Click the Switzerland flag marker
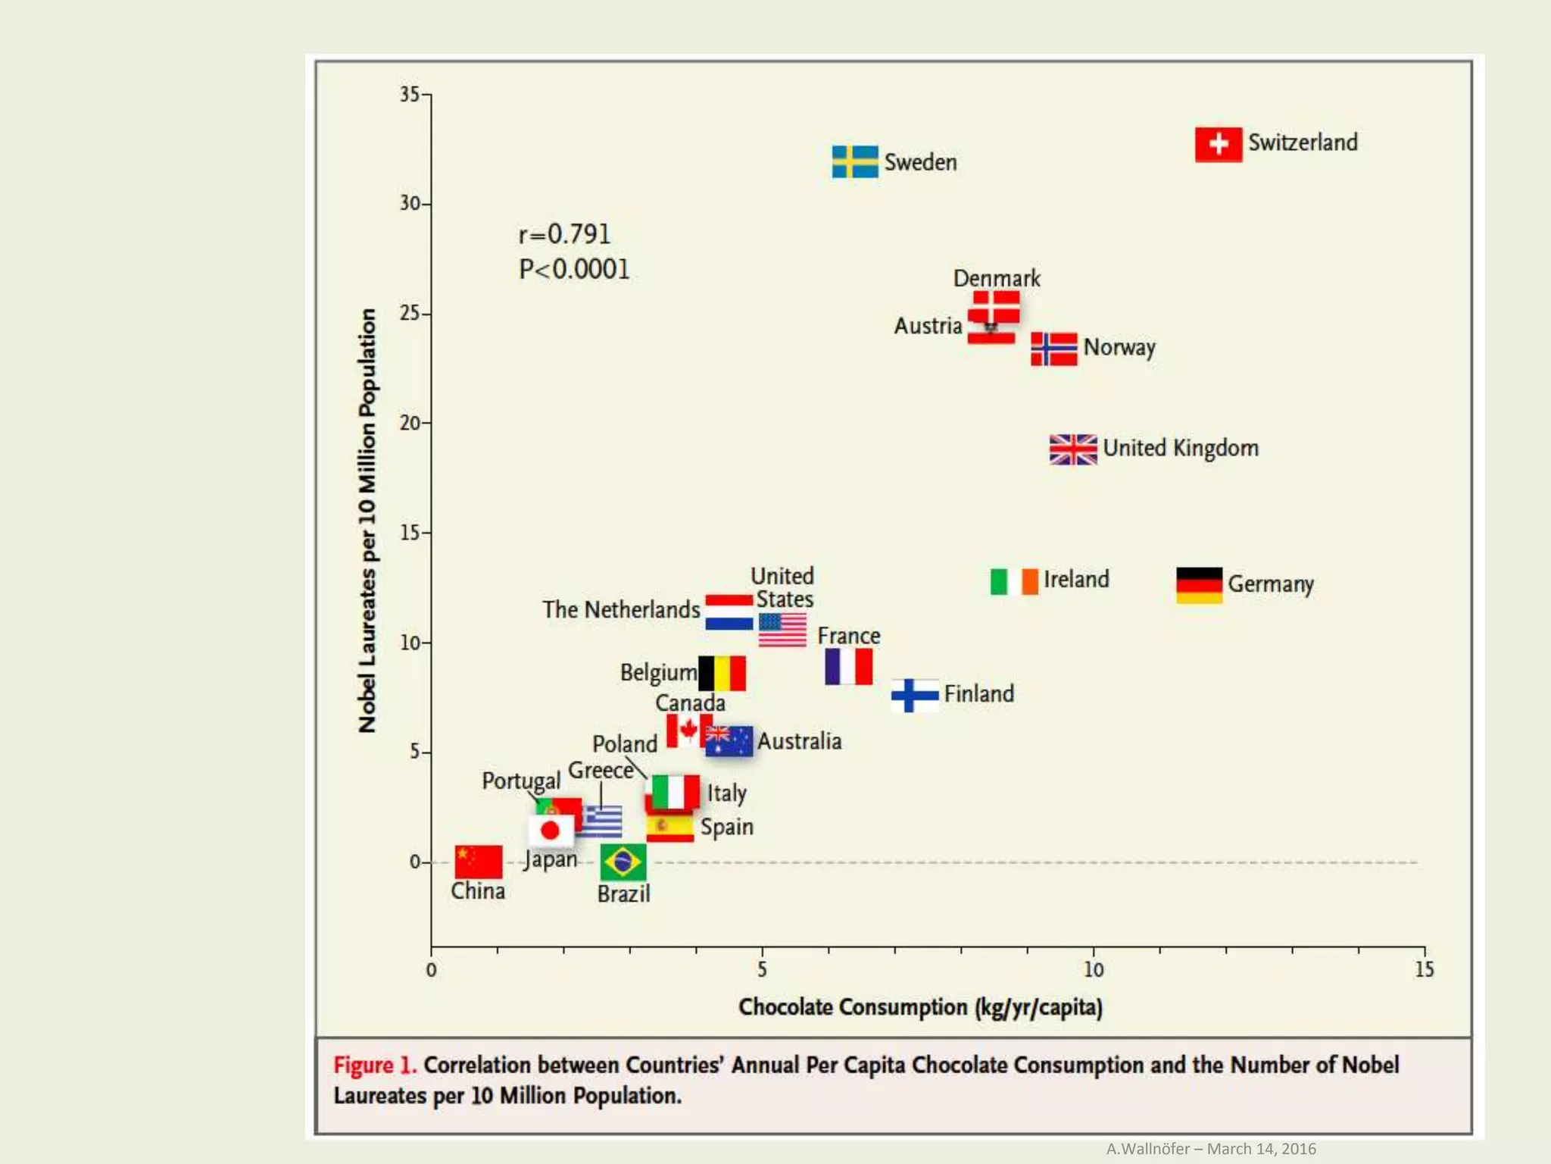point(1218,144)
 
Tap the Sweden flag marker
point(854,161)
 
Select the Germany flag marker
point(1199,585)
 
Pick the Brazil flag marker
point(623,862)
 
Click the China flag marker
point(478,862)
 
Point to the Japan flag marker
point(551,831)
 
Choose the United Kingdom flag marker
point(1072,449)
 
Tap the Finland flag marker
point(915,695)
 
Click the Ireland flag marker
point(1014,581)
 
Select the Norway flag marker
point(1053,349)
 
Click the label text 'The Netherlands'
point(621,609)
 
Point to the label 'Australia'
point(799,741)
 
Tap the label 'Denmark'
point(996,278)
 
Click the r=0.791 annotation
point(564,234)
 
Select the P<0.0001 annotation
point(574,269)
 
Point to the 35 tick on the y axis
point(410,94)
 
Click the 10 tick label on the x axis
point(1093,969)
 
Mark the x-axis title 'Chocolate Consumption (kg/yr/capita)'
point(920,1007)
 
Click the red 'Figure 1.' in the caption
point(375,1065)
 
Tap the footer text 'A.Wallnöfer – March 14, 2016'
point(1210,1149)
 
